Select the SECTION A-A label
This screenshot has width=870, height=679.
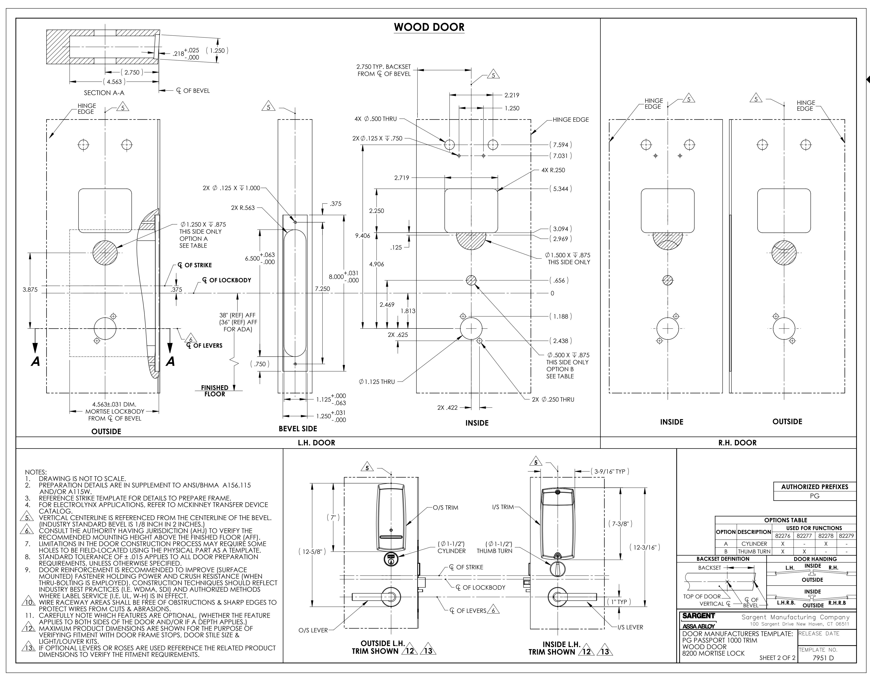104,93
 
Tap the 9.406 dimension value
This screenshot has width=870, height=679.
362,236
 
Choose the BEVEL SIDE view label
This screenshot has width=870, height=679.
298,428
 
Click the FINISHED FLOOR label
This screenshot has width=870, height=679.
215,391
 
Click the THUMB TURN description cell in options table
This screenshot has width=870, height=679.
754,552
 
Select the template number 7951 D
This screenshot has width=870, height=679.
823,658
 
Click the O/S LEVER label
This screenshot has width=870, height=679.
313,630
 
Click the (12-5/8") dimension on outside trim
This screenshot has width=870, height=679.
312,552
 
